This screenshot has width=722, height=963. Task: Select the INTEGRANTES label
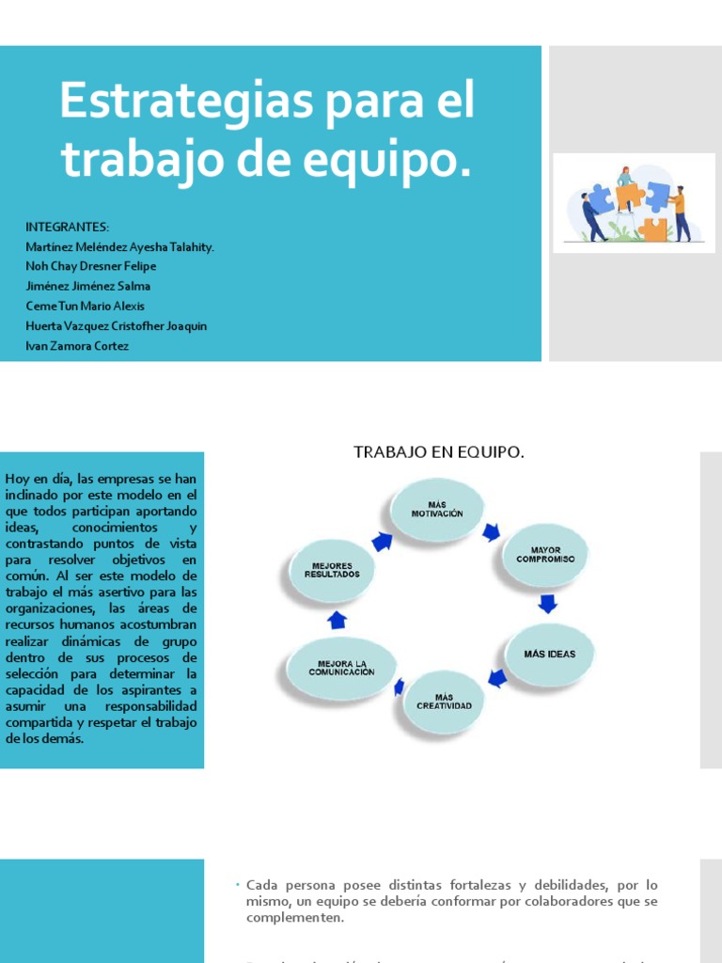(68, 227)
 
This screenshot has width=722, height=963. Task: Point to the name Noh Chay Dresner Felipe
(91, 266)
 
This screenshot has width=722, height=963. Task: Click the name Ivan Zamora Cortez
(78, 346)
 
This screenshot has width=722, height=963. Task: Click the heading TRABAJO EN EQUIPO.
(439, 452)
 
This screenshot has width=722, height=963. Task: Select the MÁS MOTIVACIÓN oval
(437, 510)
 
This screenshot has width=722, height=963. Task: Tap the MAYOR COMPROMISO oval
(545, 555)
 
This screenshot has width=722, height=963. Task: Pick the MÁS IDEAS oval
(550, 654)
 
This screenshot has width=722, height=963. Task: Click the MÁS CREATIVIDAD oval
(444, 702)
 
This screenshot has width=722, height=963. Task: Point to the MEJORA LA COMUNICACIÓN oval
(341, 669)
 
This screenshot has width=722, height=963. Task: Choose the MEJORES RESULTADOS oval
(332, 570)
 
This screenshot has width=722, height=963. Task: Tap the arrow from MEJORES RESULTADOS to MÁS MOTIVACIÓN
(383, 540)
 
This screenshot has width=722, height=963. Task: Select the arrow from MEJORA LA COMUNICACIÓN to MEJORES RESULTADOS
(337, 620)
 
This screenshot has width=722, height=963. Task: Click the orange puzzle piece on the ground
(652, 229)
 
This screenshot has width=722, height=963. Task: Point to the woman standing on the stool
(625, 188)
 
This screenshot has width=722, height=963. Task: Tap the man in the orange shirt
(680, 213)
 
